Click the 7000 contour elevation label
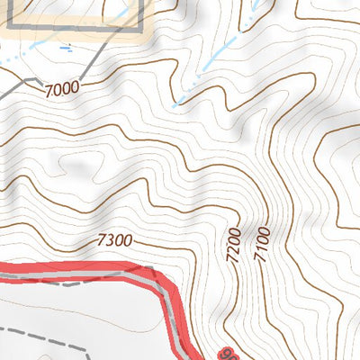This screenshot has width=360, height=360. [x=60, y=87]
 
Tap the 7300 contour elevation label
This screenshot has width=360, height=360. [x=114, y=240]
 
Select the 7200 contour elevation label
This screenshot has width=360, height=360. [x=233, y=245]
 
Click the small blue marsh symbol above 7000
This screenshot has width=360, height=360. [x=65, y=45]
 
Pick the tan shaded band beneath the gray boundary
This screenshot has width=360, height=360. [x=72, y=36]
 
